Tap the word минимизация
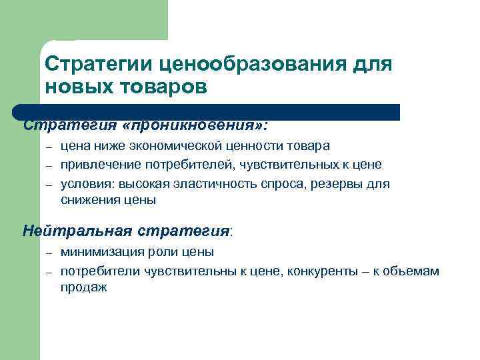[99, 252]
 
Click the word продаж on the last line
[83, 288]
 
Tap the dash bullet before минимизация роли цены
[49, 253]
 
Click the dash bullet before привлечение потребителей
[49, 165]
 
